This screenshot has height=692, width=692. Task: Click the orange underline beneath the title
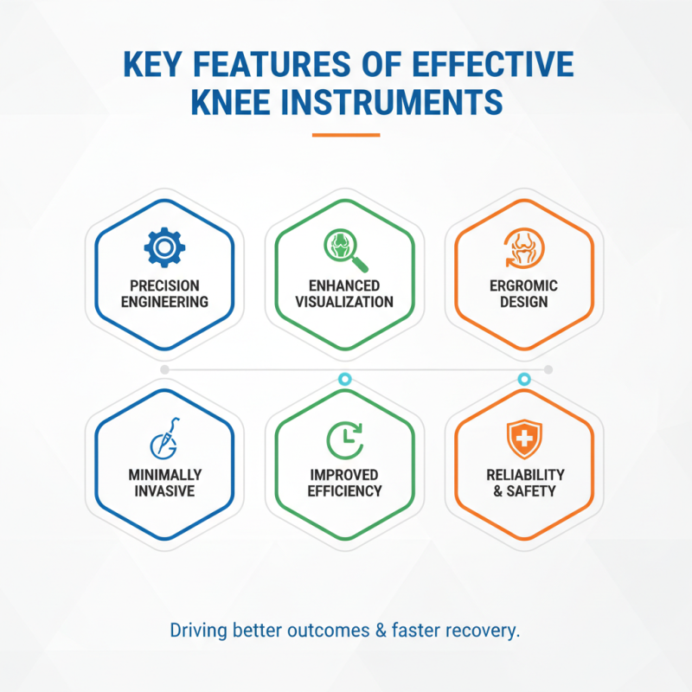(x=345, y=135)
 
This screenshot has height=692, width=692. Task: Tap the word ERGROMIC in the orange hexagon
(x=523, y=286)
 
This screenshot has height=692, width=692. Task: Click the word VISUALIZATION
(x=344, y=302)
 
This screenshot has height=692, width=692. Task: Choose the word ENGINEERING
(x=164, y=302)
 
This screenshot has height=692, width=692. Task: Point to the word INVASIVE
(x=164, y=491)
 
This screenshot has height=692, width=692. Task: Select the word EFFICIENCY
(x=344, y=491)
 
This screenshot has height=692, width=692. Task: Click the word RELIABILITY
(x=523, y=475)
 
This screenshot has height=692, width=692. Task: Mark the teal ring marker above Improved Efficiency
(x=344, y=379)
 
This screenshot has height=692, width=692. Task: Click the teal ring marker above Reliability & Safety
(x=523, y=379)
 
